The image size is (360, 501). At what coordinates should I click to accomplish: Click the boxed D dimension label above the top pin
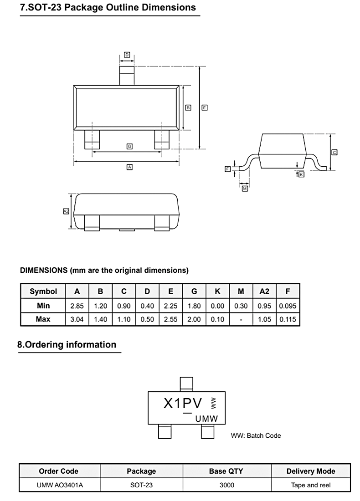pyautogui.click(x=127, y=55)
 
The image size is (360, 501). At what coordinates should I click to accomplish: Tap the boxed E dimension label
pyautogui.click(x=205, y=108)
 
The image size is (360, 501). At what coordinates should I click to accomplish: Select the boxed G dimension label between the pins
pyautogui.click(x=129, y=146)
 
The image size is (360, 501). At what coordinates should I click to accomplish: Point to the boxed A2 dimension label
pyautogui.click(x=66, y=211)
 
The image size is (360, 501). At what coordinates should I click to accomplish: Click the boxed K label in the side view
pyautogui.click(x=301, y=174)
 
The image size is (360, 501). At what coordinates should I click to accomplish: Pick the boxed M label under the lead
pyautogui.click(x=245, y=188)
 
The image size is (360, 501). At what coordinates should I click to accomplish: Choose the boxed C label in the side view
pyautogui.click(x=334, y=152)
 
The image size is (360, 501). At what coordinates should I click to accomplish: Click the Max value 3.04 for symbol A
pyautogui.click(x=77, y=319)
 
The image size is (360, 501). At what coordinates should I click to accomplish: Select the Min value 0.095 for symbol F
pyautogui.click(x=288, y=306)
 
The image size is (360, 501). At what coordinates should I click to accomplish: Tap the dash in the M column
pyautogui.click(x=241, y=319)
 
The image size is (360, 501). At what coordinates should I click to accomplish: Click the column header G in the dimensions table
pyautogui.click(x=194, y=291)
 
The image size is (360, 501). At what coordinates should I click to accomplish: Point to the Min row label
pyautogui.click(x=43, y=306)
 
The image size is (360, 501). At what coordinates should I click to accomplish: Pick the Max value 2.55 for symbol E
pyautogui.click(x=170, y=319)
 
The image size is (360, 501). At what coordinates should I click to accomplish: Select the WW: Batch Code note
pyautogui.click(x=256, y=435)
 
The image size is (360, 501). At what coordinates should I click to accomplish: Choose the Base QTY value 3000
pyautogui.click(x=226, y=485)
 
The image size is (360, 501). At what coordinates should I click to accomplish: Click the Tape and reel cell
pyautogui.click(x=311, y=485)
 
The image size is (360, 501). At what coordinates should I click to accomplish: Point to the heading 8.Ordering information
pyautogui.click(x=67, y=344)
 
